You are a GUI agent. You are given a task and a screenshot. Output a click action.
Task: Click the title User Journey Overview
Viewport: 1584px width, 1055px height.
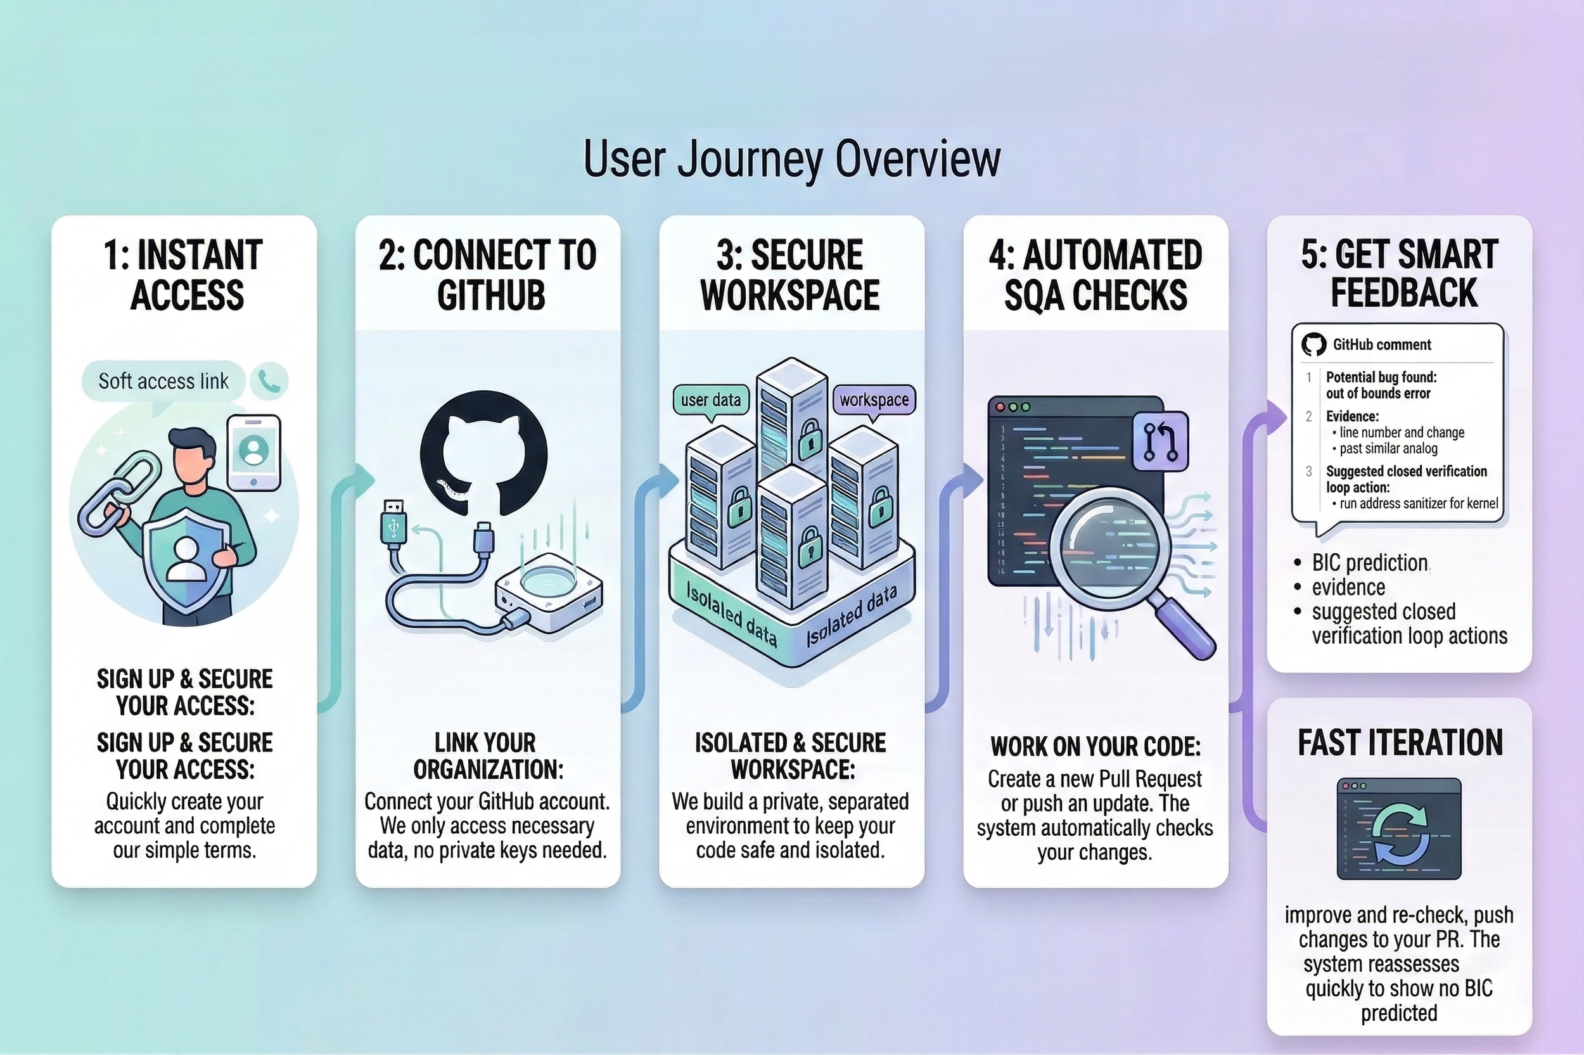point(791,160)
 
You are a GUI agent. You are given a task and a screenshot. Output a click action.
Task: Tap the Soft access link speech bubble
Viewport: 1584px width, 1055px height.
point(163,381)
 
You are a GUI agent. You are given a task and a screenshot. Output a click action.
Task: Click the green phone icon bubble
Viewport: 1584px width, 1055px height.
point(269,381)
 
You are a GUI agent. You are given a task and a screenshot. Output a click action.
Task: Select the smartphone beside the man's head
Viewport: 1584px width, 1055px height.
point(253,452)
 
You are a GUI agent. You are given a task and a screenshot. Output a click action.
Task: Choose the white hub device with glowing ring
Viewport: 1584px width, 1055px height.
point(548,592)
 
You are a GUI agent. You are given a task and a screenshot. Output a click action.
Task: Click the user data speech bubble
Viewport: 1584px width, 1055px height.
point(710,400)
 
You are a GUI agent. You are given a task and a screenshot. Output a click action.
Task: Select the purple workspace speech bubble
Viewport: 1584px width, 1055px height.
point(874,400)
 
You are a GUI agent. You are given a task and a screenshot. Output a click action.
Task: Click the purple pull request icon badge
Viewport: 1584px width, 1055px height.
point(1161,442)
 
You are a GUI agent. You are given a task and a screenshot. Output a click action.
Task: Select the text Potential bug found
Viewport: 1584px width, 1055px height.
point(1381,378)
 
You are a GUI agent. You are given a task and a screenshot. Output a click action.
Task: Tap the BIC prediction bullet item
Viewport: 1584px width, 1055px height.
point(1369,563)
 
